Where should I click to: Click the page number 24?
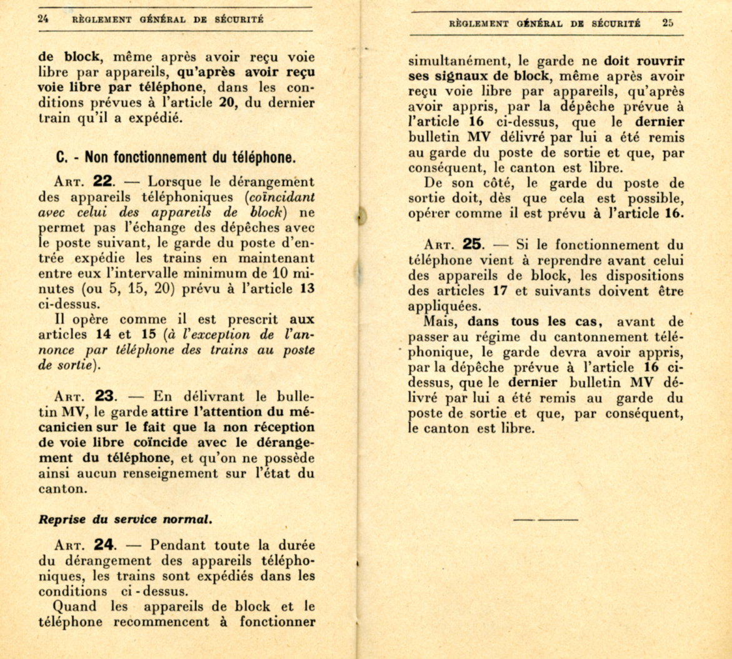click(43, 19)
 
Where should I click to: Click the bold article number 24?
click(104, 545)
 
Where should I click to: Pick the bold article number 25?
click(473, 244)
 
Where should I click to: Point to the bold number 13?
click(307, 288)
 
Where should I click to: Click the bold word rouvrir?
click(661, 63)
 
